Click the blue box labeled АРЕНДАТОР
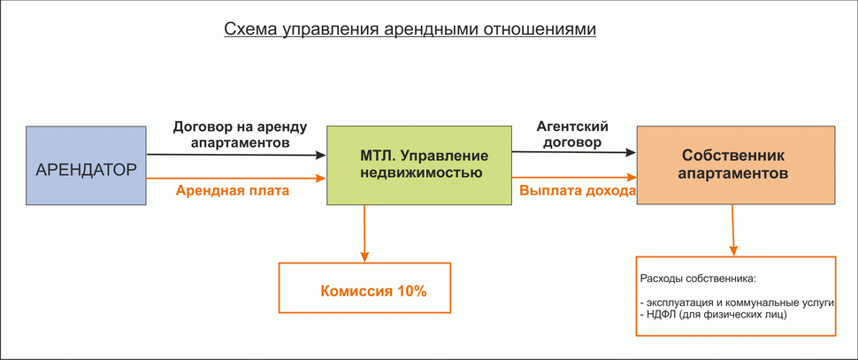86,166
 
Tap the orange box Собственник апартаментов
735,165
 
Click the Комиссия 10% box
364,287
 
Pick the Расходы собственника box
735,295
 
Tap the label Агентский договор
572,134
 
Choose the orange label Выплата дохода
577,189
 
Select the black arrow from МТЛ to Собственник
573,153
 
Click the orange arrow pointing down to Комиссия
364,234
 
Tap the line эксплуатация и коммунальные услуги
737,302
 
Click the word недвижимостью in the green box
421,173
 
